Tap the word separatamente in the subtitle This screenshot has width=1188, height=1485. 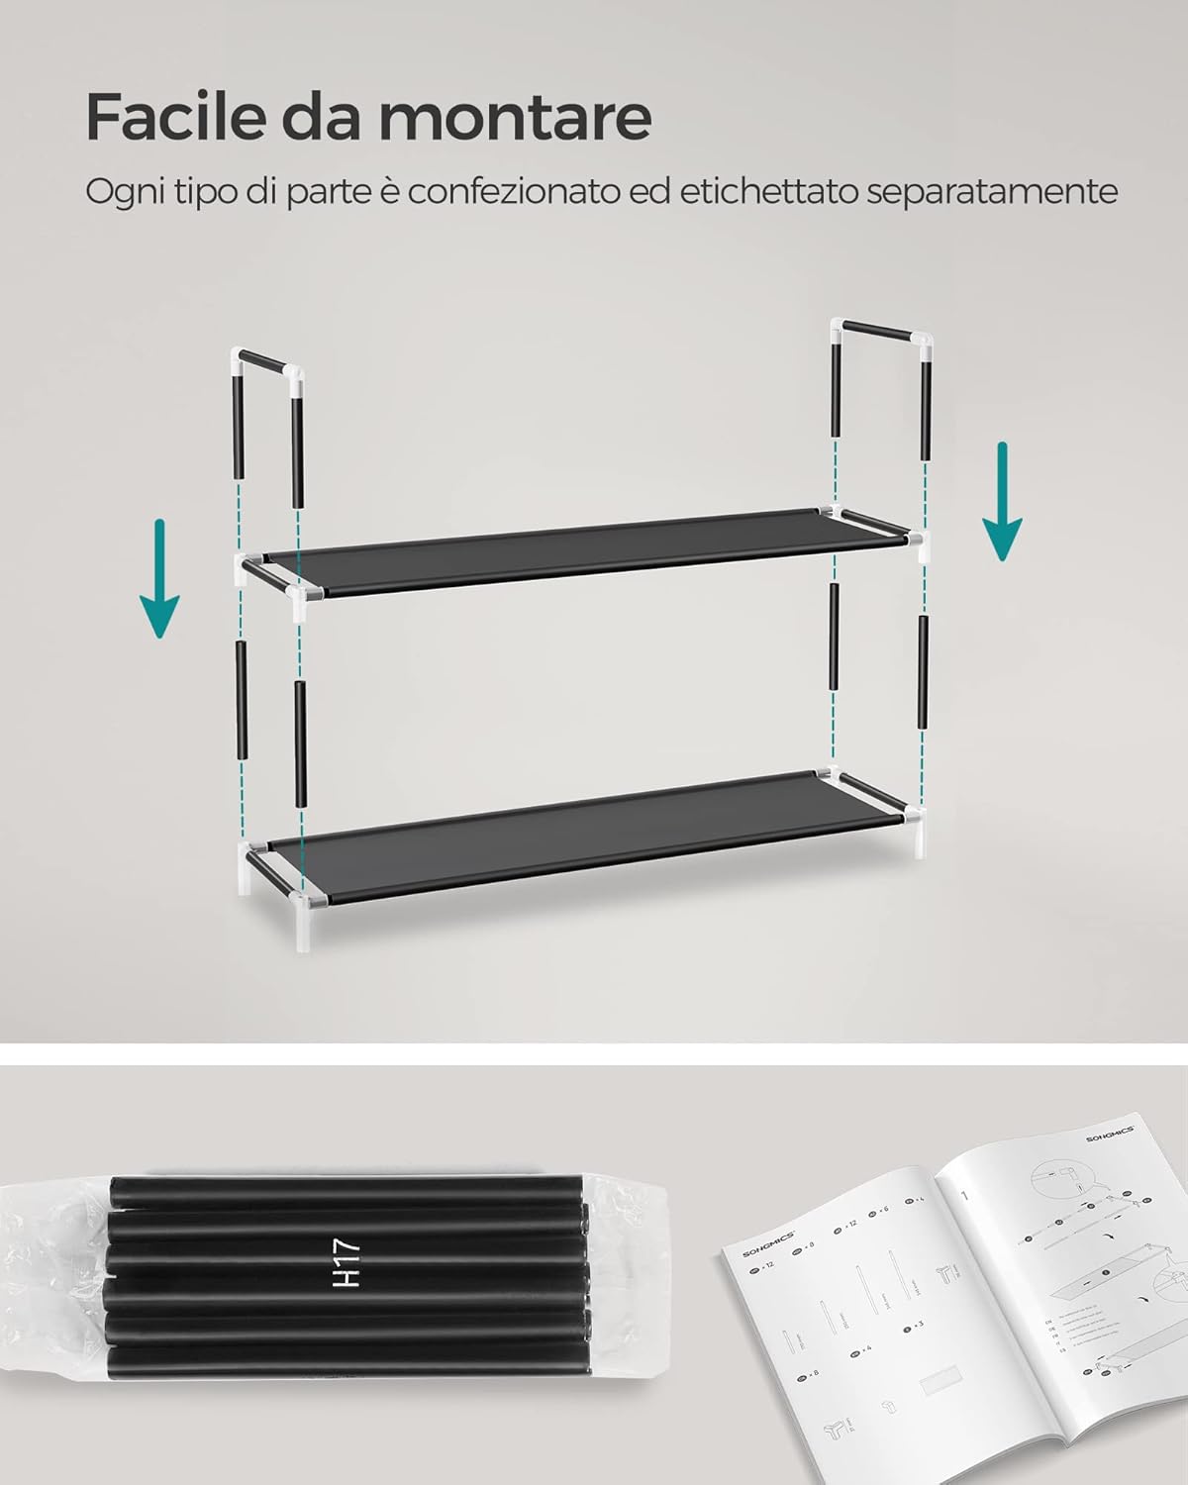[x=992, y=191]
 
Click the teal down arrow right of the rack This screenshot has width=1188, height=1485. [x=1001, y=501]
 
